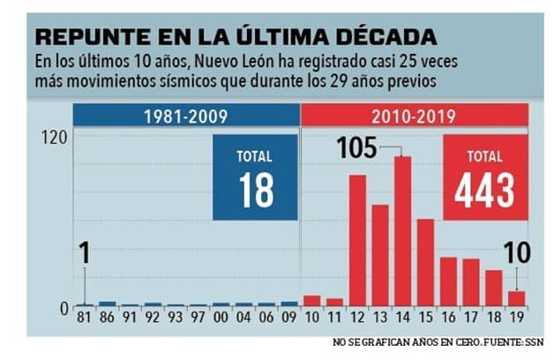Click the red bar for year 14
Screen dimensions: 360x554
point(402,231)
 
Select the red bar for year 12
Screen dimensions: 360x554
point(357,240)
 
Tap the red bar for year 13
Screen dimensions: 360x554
point(379,255)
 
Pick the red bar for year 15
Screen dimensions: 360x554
point(425,262)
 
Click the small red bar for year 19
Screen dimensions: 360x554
point(516,298)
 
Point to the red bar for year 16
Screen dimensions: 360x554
point(448,281)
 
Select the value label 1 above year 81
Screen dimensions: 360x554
point(84,255)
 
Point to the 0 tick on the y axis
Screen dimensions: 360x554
point(63,307)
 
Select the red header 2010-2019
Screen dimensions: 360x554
point(414,116)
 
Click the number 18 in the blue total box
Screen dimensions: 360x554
point(256,191)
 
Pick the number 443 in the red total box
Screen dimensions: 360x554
point(485,190)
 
